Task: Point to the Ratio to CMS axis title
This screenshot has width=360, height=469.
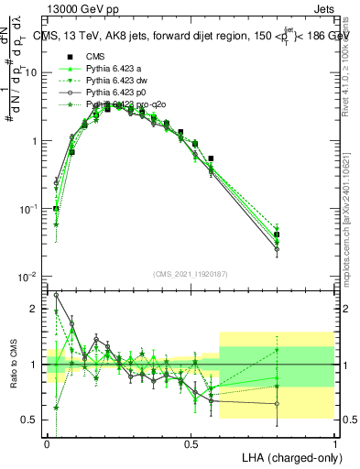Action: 12,364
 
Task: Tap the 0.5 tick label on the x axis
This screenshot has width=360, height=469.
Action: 191,442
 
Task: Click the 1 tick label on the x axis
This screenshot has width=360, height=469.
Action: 335,442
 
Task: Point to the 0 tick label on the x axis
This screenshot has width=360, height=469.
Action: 47,442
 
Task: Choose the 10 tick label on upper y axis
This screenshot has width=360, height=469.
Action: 32,72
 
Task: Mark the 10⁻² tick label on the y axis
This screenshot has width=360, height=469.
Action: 29,277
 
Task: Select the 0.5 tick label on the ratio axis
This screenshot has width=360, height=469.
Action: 32,420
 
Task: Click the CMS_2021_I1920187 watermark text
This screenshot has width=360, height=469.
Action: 191,274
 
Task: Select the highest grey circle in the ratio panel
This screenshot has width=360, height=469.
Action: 57,295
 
